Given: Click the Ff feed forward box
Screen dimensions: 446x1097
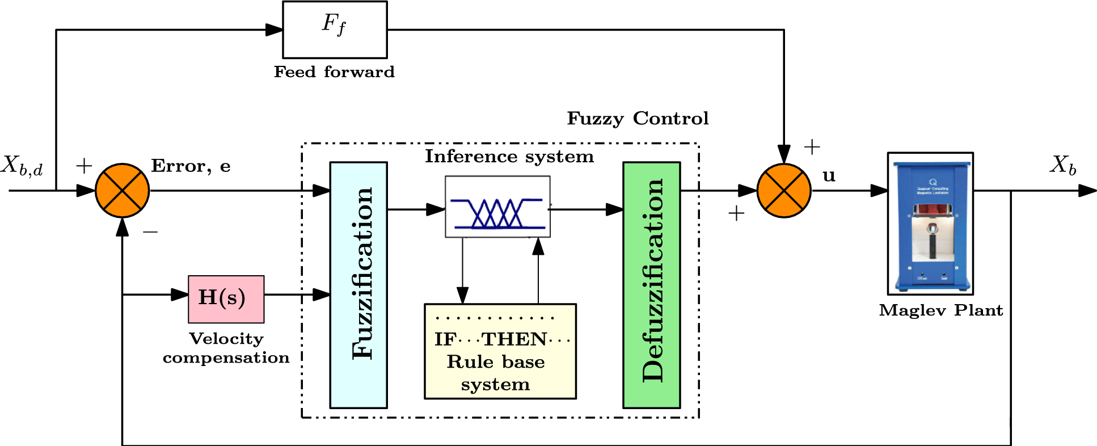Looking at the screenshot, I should point(335,30).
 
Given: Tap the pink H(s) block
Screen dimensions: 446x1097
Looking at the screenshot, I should point(226,299).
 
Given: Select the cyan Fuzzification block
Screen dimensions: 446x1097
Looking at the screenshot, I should point(358,285).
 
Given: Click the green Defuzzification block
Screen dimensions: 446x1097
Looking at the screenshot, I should point(651,285).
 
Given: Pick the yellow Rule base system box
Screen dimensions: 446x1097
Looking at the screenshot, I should point(500,351).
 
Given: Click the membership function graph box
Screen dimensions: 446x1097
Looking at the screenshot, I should point(497,207).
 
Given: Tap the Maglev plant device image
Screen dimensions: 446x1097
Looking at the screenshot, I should point(930,223).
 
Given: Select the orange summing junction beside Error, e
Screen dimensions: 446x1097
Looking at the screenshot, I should point(122,191).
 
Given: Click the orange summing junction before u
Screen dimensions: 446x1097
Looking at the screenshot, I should point(783,191).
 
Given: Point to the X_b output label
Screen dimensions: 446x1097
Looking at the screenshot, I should point(1062,165).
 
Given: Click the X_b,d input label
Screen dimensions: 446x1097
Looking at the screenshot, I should point(22,166).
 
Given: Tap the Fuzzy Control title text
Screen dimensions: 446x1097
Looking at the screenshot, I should point(638,119).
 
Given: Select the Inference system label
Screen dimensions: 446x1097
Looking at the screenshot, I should point(509,157).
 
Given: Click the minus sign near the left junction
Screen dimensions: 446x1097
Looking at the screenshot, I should point(150,232).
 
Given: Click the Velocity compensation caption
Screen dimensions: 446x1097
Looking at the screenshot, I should point(226,348).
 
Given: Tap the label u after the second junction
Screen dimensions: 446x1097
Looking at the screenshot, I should point(829,176).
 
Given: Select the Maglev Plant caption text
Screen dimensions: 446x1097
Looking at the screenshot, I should point(940,310).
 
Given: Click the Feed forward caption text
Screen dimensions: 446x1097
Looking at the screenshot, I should point(334,72).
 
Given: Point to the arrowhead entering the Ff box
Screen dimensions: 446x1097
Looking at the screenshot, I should point(275,30).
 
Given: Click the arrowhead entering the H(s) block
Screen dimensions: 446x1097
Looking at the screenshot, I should point(180,294).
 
